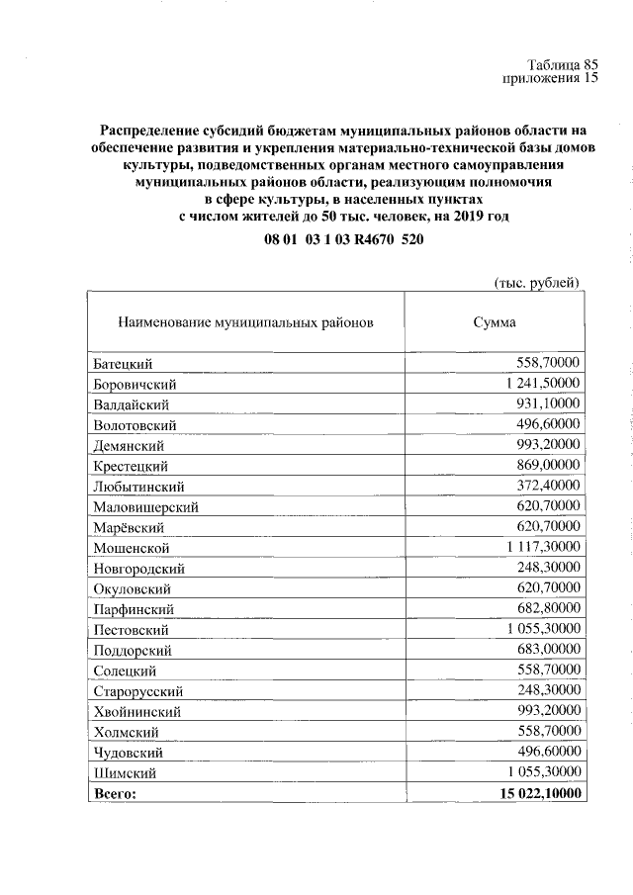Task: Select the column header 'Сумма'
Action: [x=494, y=321]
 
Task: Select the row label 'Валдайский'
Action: [x=133, y=404]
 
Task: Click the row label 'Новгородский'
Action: [x=139, y=569]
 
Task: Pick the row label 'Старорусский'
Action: [x=139, y=691]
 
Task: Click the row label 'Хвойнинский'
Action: [x=138, y=711]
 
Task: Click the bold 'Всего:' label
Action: [x=115, y=793]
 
